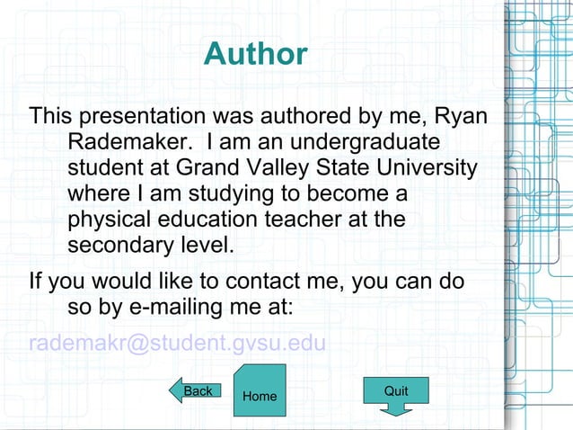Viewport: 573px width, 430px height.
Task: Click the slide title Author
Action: pos(255,55)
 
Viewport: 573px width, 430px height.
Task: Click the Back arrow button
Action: pos(195,390)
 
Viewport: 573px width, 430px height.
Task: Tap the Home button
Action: pos(260,395)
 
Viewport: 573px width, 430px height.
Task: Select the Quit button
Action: pos(395,392)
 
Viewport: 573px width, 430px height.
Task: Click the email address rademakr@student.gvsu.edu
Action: pos(176,345)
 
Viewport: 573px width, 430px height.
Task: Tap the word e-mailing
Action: pos(169,308)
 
